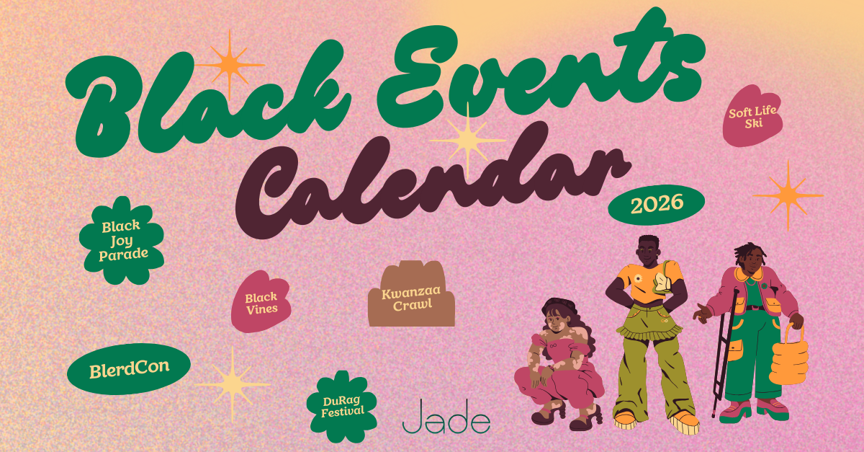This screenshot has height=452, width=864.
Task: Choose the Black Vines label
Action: coord(261,303)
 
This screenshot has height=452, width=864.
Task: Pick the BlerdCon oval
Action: coord(130,369)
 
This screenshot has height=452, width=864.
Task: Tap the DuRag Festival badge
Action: coord(342,406)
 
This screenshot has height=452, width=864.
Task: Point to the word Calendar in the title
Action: coord(432,180)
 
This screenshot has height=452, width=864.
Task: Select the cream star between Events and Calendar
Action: coord(467,139)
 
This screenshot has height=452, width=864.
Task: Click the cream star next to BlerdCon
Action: coord(232,381)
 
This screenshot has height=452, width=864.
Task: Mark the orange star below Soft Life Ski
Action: coord(788,195)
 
